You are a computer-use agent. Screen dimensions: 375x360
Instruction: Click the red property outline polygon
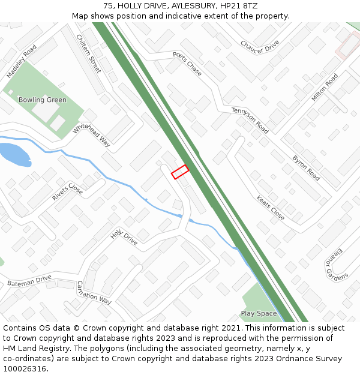[180, 172]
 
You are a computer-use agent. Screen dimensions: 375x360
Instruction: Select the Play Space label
[259, 313]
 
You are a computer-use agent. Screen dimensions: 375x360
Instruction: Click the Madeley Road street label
[22, 62]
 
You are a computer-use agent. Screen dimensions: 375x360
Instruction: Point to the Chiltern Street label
[89, 54]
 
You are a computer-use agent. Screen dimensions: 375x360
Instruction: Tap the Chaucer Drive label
[260, 46]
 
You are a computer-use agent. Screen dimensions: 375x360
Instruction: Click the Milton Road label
[325, 88]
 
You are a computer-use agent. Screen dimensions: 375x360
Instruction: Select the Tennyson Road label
[250, 120]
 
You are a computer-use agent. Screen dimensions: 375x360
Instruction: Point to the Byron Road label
[306, 168]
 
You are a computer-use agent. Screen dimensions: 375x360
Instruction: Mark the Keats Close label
[271, 208]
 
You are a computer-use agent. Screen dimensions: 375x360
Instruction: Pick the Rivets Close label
[67, 191]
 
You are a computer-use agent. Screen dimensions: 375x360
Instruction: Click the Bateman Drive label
[29, 280]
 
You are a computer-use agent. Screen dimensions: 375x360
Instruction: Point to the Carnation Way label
[94, 292]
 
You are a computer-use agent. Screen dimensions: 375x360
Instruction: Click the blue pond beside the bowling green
[14, 154]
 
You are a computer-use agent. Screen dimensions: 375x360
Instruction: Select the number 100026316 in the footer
[25, 368]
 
